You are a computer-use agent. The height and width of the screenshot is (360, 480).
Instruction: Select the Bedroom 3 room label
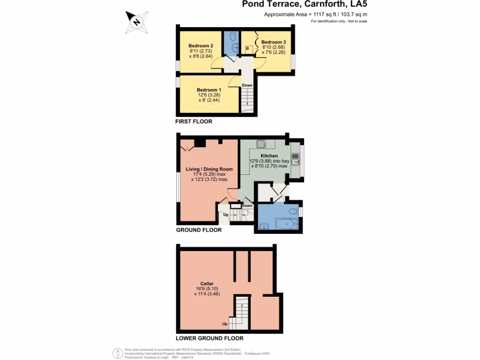pos(273,42)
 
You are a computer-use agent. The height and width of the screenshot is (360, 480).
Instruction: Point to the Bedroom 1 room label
pos(209,90)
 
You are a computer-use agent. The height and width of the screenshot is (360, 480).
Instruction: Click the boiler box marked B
pos(247,48)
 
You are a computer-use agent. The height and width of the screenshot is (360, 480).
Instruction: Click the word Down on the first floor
pos(247,85)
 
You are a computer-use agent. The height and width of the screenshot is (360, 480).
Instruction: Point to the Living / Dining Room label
pos(209,169)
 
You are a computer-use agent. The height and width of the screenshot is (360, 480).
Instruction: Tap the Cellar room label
pos(207,284)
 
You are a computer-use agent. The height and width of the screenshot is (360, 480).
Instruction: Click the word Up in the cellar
pos(225,324)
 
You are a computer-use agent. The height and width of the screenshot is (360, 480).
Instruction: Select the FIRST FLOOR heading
pos(194,121)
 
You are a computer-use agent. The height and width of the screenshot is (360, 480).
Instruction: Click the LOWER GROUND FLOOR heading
pos(210,338)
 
